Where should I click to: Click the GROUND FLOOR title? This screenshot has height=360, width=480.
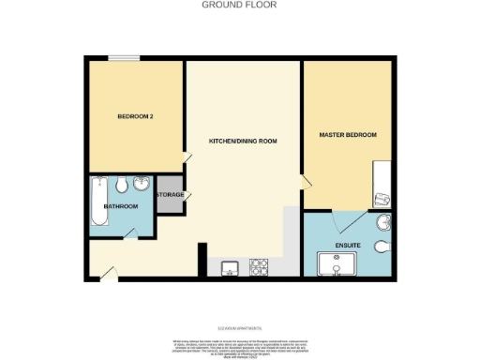pyautogui.click(x=240, y=5)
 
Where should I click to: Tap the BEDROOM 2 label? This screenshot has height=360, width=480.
pyautogui.click(x=135, y=117)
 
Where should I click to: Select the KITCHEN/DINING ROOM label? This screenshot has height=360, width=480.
pyautogui.click(x=243, y=141)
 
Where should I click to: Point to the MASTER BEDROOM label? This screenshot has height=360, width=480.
pyautogui.click(x=348, y=135)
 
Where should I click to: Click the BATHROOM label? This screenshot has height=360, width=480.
pyautogui.click(x=121, y=206)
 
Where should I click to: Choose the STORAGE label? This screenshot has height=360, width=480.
pyautogui.click(x=170, y=195)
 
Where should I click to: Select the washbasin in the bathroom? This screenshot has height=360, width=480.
pyautogui.click(x=142, y=183)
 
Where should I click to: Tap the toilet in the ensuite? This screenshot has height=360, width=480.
pyautogui.click(x=382, y=247)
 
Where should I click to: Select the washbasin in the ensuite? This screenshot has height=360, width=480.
pyautogui.click(x=384, y=223)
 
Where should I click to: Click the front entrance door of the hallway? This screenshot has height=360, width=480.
pyautogui.click(x=109, y=273)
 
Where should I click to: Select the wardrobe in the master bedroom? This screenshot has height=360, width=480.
pyautogui.click(x=382, y=184)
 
